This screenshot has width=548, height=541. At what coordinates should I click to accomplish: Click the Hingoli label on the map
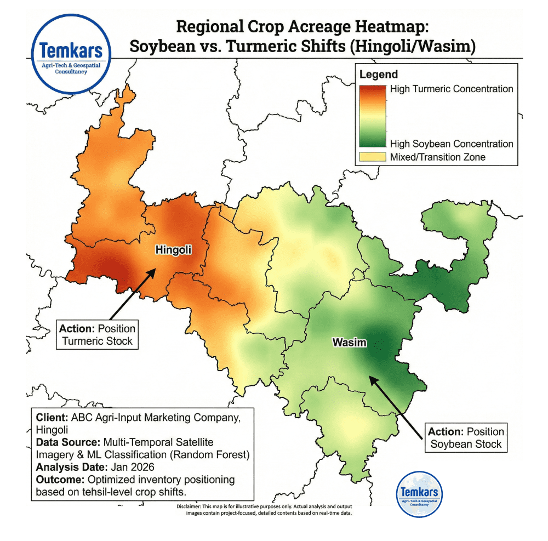coord(174,250)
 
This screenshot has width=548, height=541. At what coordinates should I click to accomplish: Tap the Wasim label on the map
coord(349,343)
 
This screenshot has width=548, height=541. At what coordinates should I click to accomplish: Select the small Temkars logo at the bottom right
coord(419,494)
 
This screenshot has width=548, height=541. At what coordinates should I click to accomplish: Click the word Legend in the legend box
coord(379,75)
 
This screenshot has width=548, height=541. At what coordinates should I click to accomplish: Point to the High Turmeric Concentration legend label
coord(452,89)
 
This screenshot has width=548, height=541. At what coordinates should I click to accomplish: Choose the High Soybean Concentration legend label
coord(452,144)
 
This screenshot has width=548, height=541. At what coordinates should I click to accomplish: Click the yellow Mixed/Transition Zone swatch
coord(372,157)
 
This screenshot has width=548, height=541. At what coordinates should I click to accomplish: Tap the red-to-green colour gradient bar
coord(372,116)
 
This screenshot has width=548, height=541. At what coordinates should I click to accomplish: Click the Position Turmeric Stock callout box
coord(97,335)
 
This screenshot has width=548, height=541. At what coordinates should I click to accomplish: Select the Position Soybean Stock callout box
coord(466,437)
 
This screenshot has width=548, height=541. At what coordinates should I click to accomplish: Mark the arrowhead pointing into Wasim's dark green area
coord(370,377)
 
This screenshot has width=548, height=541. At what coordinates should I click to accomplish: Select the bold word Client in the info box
coord(50,417)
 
